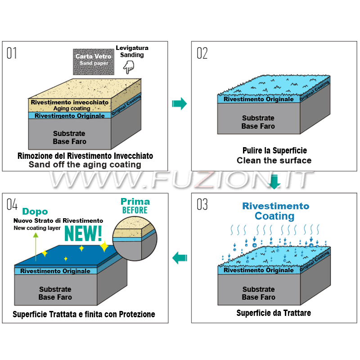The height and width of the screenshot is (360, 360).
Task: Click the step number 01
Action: tap(12, 53)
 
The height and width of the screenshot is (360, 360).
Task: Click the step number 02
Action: tap(202, 53)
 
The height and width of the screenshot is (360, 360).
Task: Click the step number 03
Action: tap(202, 204)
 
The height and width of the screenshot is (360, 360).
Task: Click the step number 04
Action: tap(12, 204)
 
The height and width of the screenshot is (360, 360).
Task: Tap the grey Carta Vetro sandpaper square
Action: tap(93, 62)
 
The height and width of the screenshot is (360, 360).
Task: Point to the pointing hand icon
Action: tap(129, 67)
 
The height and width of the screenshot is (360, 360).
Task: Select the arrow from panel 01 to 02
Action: tap(179, 103)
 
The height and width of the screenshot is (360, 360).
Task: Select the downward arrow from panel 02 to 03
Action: tap(274, 181)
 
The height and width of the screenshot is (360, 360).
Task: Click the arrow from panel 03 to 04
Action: tap(180, 258)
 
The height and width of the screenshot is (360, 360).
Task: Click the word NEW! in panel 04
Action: tap(83, 234)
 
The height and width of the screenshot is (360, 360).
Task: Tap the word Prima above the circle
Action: tap(135, 202)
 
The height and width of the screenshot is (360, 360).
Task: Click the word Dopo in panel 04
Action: tap(35, 211)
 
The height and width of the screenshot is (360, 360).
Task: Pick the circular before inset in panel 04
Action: tap(135, 238)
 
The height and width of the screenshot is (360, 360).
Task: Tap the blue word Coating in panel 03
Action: tap(274, 216)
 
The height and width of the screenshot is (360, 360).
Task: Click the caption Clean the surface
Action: tap(274, 160)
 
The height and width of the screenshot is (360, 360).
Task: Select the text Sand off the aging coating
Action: tap(85, 165)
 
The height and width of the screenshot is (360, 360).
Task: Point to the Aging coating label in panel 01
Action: tap(72, 108)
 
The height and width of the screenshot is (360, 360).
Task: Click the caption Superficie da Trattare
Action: tap(274, 313)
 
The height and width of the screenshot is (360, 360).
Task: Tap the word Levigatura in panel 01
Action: tap(132, 48)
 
